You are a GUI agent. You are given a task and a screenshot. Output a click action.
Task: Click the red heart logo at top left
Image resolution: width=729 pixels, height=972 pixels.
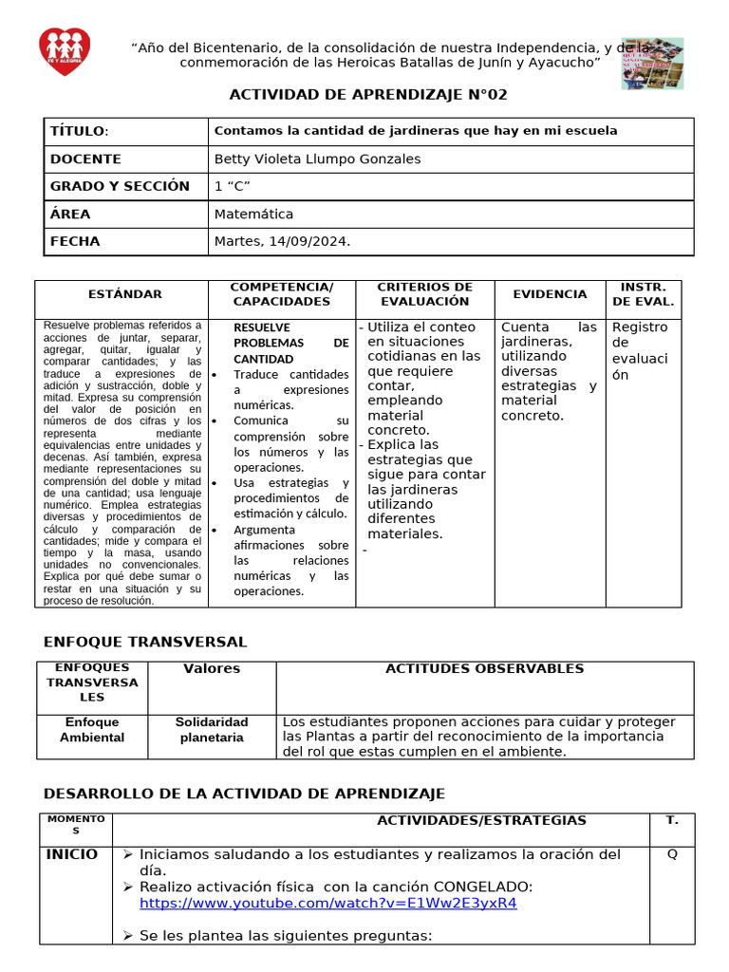pyautogui.click(x=65, y=52)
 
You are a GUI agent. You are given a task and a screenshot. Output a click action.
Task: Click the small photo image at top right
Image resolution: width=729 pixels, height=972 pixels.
pyautogui.click(x=652, y=64)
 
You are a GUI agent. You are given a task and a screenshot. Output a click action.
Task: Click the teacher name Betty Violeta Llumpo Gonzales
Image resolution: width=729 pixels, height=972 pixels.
pyautogui.click(x=317, y=159)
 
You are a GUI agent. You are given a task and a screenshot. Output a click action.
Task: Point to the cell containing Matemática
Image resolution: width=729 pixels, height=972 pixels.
pyautogui.click(x=253, y=214)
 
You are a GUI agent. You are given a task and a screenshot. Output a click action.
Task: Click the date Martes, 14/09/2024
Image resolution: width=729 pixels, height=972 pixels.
pyautogui.click(x=282, y=241)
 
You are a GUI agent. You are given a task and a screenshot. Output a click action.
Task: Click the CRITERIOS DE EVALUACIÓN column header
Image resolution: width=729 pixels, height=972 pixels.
pyautogui.click(x=424, y=294)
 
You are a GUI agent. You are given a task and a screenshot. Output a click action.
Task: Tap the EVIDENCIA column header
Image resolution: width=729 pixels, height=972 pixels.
pyautogui.click(x=550, y=294)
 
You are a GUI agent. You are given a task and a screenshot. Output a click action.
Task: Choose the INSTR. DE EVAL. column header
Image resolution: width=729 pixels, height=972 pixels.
pyautogui.click(x=643, y=294)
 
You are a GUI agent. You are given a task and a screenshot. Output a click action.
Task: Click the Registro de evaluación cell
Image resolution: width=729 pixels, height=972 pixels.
pyautogui.click(x=639, y=350)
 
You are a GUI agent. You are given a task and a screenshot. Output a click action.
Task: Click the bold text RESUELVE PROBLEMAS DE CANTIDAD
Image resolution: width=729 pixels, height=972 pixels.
pyautogui.click(x=290, y=343)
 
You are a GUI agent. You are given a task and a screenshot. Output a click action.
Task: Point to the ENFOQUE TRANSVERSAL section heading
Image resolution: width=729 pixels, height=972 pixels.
pyautogui.click(x=146, y=642)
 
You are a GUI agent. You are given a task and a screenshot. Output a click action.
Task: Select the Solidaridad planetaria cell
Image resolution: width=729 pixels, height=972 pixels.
pyautogui.click(x=211, y=730)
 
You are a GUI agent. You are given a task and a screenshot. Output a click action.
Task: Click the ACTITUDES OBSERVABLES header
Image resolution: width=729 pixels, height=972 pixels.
pyautogui.click(x=484, y=668)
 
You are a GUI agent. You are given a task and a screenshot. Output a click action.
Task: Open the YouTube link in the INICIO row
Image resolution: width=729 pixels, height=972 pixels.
pyautogui.click(x=327, y=903)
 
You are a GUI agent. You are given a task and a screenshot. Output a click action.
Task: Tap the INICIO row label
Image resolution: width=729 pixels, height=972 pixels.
pyautogui.click(x=72, y=854)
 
